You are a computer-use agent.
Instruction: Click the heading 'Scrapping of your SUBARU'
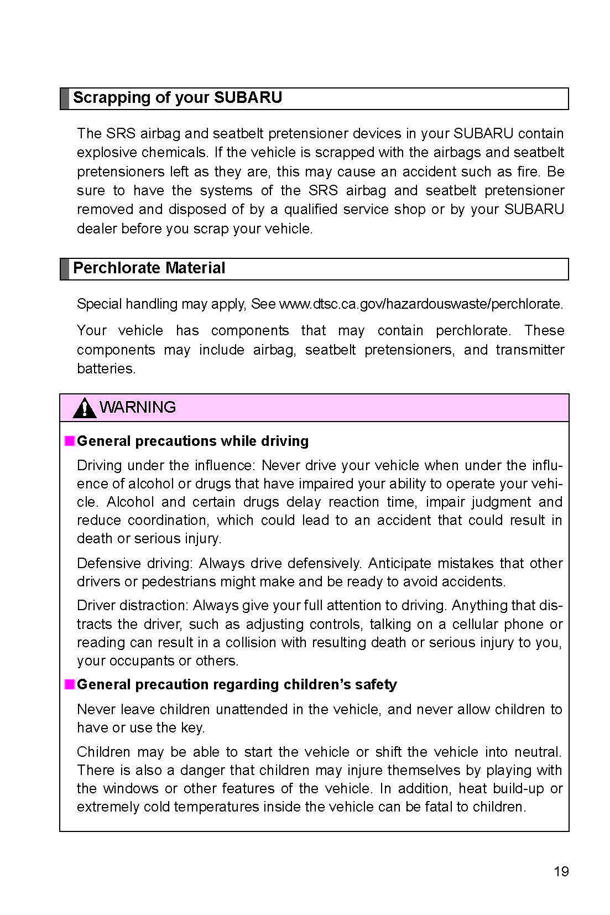177,98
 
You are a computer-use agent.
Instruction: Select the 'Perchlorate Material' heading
149,268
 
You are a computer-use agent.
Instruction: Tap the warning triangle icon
84,408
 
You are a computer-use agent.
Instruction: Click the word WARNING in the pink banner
138,408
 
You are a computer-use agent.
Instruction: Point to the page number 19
561,872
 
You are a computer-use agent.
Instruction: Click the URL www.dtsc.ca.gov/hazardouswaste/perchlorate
421,304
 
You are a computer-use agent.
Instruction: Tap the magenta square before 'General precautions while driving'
69,441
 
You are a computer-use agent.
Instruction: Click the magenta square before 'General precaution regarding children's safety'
69,684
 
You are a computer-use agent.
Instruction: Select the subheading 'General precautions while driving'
192,441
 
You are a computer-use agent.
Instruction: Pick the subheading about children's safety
237,685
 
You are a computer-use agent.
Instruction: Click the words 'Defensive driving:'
135,564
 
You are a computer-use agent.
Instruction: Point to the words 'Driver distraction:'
133,606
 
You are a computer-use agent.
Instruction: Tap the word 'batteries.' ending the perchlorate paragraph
106,369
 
